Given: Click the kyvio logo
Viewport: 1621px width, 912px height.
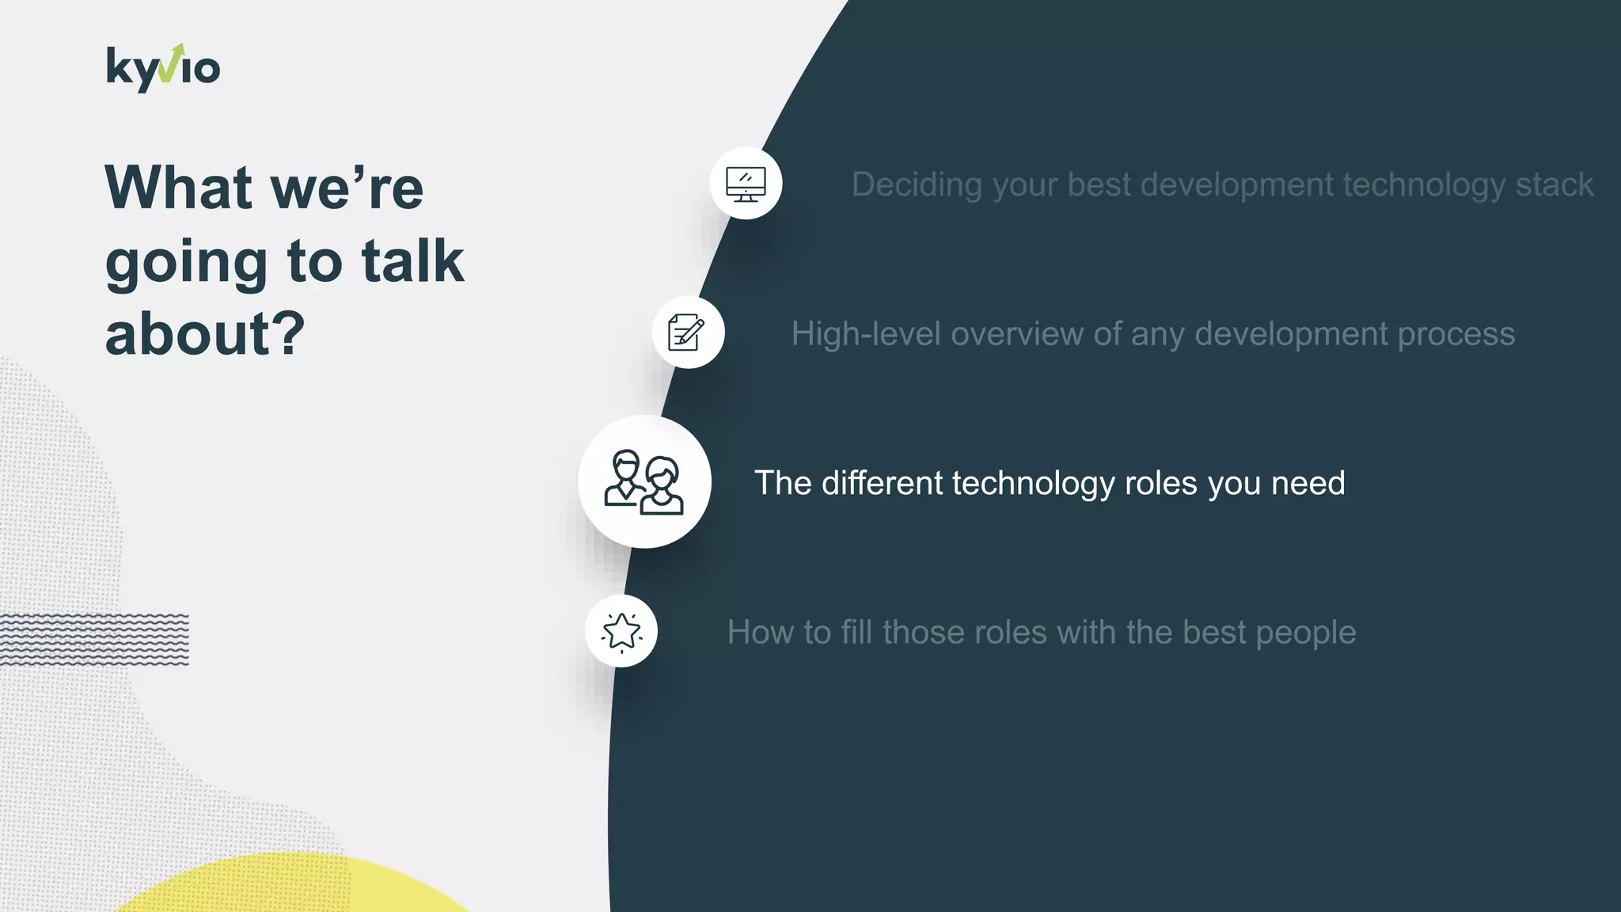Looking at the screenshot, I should (x=163, y=68).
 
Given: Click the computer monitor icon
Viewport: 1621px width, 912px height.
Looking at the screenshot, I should (x=746, y=184).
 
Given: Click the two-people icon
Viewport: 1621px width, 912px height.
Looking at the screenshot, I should (x=644, y=482).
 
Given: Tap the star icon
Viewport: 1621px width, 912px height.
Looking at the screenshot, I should (x=621, y=632).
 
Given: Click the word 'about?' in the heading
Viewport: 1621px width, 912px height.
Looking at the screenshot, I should (x=205, y=334).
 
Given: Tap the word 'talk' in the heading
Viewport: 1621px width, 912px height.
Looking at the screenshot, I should (x=412, y=261).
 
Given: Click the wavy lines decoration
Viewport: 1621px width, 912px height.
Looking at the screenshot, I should (x=95, y=638).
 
